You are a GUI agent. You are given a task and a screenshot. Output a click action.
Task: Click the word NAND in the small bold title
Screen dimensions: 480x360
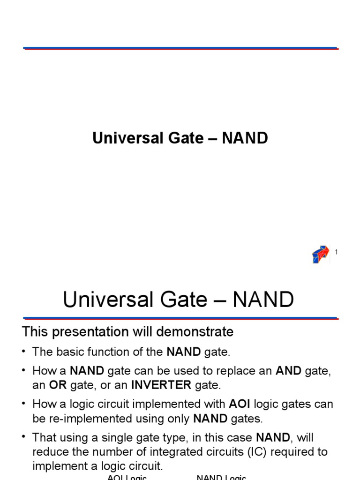(x=245, y=138)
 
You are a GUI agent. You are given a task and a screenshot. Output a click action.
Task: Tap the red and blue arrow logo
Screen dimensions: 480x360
(x=321, y=254)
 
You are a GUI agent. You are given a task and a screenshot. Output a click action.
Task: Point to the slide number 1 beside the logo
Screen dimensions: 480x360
(x=336, y=252)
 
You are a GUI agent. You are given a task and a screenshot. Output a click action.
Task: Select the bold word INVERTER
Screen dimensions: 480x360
(x=161, y=385)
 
